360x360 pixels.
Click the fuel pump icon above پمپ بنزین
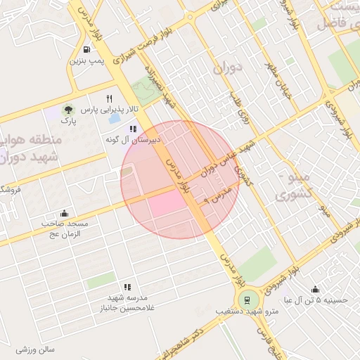click(86, 50)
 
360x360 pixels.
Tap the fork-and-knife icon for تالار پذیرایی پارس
click(109, 98)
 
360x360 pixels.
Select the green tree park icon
click(68, 110)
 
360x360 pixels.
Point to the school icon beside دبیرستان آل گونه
click(132, 128)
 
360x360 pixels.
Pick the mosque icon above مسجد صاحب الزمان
click(65, 213)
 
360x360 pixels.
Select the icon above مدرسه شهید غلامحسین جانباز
click(127, 287)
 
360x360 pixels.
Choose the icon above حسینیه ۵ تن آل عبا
click(314, 288)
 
